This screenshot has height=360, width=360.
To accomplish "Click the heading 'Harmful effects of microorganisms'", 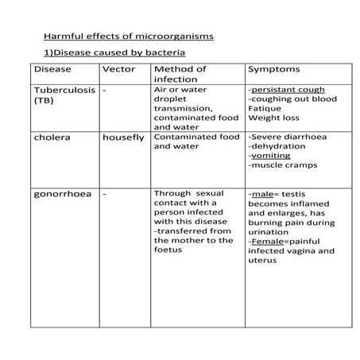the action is tap(128, 37).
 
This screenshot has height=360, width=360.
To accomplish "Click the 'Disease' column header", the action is tap(52, 70).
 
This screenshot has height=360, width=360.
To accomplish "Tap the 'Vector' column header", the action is tap(119, 70).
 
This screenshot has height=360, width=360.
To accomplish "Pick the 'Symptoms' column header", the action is tap(274, 70).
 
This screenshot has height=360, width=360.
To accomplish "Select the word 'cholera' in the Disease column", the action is tap(52, 137).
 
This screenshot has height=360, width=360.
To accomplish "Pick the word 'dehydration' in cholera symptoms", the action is tap(278, 146).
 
